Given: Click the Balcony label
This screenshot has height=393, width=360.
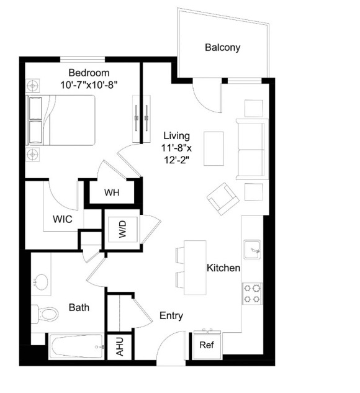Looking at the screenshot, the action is [x=222, y=47].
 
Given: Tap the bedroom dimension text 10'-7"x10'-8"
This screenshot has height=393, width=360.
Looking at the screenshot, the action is [x=89, y=85].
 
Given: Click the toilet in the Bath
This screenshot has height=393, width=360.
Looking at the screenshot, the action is [x=45, y=314].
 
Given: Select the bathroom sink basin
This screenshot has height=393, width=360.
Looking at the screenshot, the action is [x=40, y=282].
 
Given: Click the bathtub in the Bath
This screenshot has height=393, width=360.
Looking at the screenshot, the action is [x=76, y=346].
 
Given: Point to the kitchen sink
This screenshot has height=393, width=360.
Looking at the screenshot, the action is [x=252, y=250].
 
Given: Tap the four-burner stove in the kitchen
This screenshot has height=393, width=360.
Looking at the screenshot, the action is [x=252, y=294].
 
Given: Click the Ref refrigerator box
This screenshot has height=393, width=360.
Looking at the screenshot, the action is [x=207, y=345].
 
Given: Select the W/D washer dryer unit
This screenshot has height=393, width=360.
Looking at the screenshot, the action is [x=122, y=229].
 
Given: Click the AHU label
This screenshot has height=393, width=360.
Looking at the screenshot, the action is [x=120, y=346].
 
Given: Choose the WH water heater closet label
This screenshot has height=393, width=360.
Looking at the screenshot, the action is [x=112, y=192].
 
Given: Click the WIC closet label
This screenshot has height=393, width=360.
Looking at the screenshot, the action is [x=63, y=219].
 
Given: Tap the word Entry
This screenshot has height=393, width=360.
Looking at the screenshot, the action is [x=171, y=316].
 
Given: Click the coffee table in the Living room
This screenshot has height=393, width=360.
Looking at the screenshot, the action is [x=214, y=148].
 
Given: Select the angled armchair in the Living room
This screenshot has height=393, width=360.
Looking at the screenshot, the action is [x=223, y=199].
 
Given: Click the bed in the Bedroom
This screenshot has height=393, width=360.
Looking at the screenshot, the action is [x=61, y=120].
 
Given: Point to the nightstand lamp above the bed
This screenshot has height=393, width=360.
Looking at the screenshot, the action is [x=32, y=86].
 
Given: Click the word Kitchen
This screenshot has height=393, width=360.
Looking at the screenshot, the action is [x=223, y=268].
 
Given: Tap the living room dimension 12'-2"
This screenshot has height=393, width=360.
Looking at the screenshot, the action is [x=176, y=160].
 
